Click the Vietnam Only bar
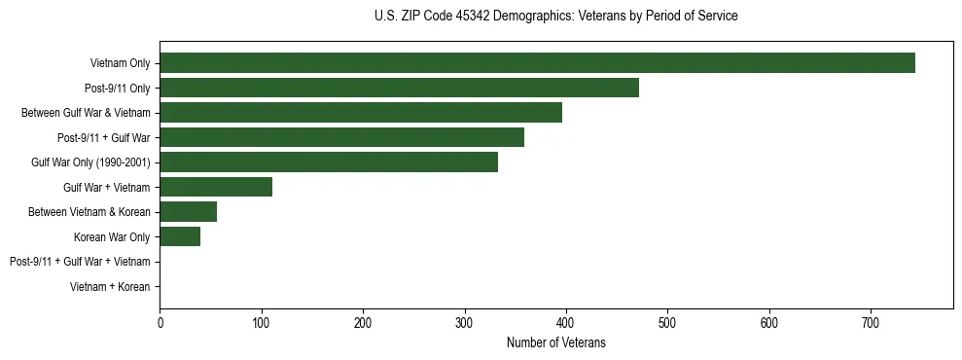537,63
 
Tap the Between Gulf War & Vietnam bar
361,113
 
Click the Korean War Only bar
180,236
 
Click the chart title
555,17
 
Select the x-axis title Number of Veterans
555,342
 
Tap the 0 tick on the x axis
160,323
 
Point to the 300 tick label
464,323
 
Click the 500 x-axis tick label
667,323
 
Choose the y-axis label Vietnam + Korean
110,287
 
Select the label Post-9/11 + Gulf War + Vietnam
80,262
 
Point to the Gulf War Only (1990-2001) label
90,162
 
